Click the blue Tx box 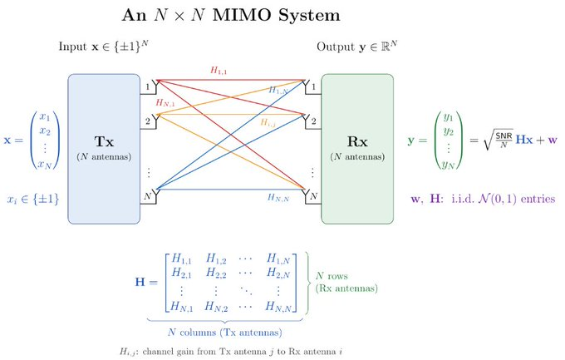pos(104,149)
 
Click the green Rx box pos(357,149)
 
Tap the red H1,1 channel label pos(219,71)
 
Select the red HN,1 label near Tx pos(165,103)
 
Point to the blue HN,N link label pos(278,197)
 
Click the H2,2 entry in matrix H pos(216,273)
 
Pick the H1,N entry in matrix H pos(278,259)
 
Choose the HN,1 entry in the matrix pos(182,307)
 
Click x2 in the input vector pos(45,131)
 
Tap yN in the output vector pos(448,165)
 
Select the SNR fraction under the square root pos(504,141)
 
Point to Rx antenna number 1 pos(310,86)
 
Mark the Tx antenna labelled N pos(152,196)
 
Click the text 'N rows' pos(332,276)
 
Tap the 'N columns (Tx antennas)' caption pos(225,333)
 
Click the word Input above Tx pos(72,47)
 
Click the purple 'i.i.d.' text pos(463,199)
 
